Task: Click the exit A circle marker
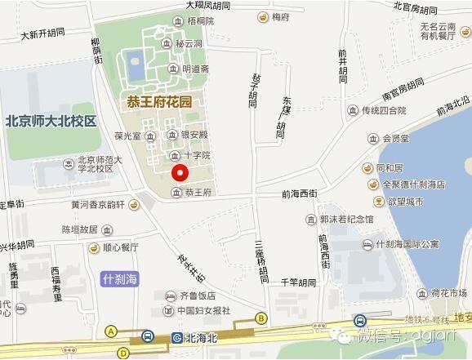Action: [110, 331]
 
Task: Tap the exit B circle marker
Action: [261, 318]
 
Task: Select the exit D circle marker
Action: [122, 353]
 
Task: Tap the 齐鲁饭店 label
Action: [197, 295]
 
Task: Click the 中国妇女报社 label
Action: [204, 310]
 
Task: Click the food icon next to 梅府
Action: [263, 16]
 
